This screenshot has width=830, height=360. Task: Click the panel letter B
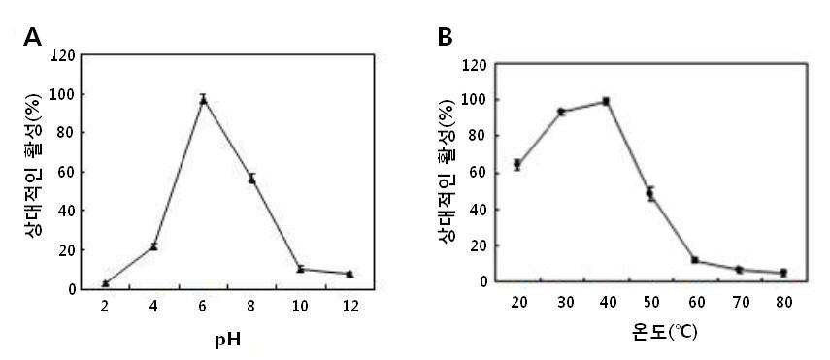(446, 37)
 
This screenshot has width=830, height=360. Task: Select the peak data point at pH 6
(203, 100)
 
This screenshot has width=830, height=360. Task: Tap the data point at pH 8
(252, 180)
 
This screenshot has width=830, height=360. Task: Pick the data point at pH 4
(154, 246)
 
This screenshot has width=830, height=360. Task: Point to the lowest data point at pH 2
(106, 283)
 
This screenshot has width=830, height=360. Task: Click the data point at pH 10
(301, 269)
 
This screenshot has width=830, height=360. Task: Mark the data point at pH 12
(349, 274)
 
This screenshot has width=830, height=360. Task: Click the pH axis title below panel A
(227, 340)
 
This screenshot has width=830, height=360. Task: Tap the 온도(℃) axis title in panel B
(665, 332)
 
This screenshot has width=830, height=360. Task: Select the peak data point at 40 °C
(606, 101)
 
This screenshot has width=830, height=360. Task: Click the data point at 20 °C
(517, 165)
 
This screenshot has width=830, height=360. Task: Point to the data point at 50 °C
(650, 194)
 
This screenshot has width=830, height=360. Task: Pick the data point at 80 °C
(784, 273)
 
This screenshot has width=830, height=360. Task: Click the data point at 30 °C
(562, 112)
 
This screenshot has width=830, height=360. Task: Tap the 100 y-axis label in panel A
(63, 94)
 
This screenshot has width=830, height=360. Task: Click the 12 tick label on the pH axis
(350, 306)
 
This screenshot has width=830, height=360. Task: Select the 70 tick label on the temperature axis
(740, 303)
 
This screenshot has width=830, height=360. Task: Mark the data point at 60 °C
(695, 260)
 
